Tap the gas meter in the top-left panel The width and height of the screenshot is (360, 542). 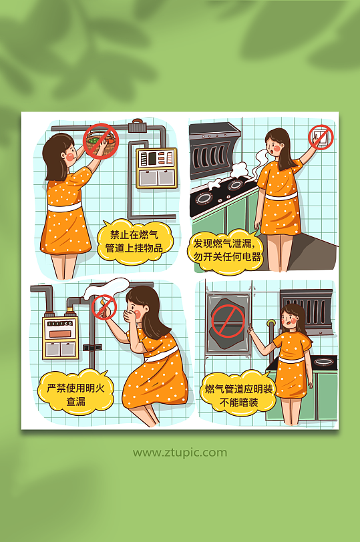[x=156, y=168]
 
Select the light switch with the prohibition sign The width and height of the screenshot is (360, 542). [x=321, y=138]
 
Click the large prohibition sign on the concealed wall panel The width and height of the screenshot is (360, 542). [x=227, y=320]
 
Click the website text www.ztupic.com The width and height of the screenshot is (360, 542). [x=180, y=453]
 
